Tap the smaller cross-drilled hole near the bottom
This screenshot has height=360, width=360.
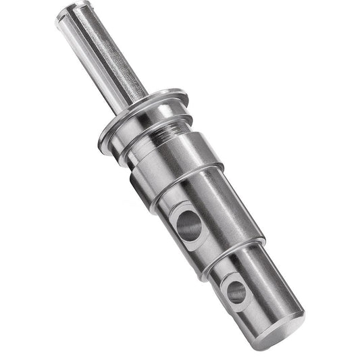click(236, 291)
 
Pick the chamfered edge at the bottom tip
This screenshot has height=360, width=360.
click(301, 331)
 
